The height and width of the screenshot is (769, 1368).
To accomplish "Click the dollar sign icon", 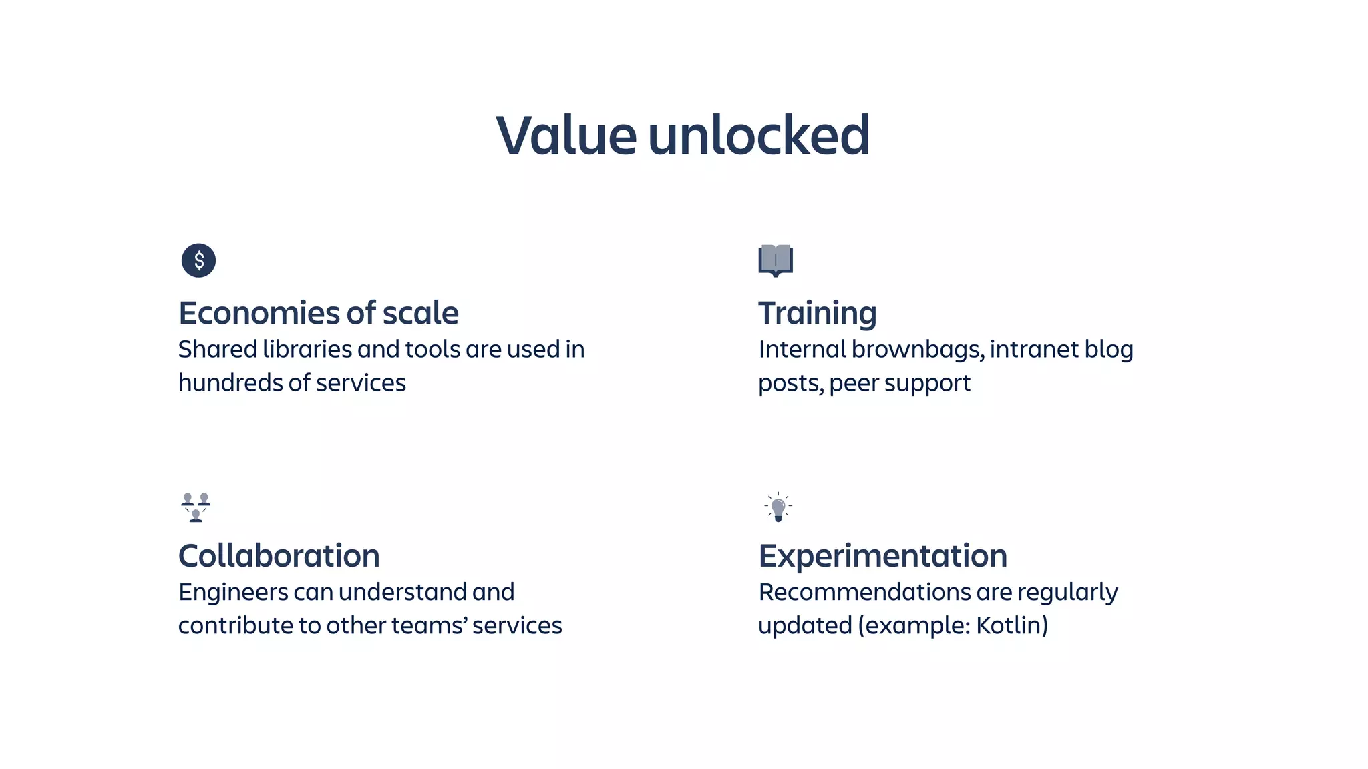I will [198, 260].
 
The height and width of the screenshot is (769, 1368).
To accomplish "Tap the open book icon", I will [776, 260].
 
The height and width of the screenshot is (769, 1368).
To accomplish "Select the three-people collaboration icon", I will [196, 507].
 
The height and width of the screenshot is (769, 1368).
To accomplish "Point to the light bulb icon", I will [778, 507].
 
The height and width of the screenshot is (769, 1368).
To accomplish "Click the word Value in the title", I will [566, 136].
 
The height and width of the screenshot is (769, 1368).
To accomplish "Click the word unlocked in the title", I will [759, 136].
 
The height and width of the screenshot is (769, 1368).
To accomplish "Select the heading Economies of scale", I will [319, 313].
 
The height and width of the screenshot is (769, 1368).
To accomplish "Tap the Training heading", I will [817, 313].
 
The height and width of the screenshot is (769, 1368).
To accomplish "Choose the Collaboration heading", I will [279, 556].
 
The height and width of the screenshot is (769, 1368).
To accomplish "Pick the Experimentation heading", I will [882, 556].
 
